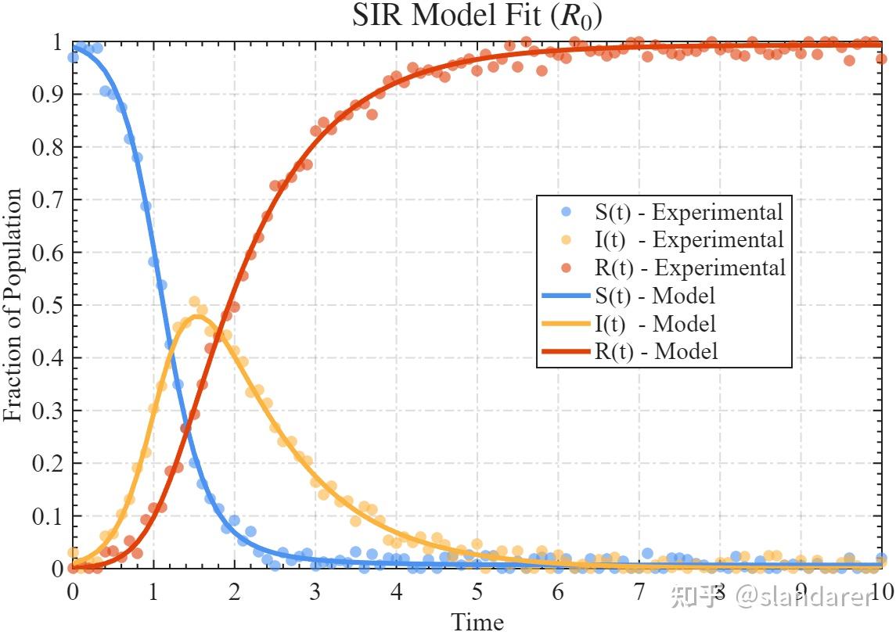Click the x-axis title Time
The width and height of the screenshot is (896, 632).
point(477,622)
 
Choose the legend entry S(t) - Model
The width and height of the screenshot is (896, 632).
point(656,296)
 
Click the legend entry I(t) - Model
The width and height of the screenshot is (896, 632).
point(656,323)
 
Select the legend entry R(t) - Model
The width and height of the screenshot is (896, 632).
point(656,351)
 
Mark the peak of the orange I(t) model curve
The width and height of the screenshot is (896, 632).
point(193,316)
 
